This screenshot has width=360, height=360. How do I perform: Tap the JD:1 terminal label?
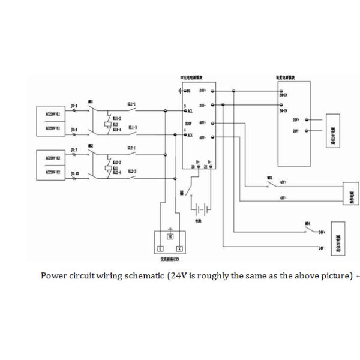74,105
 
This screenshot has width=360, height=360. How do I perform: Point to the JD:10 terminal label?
75,173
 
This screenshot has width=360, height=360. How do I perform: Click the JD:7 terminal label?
74,149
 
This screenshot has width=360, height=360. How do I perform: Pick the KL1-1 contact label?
131,104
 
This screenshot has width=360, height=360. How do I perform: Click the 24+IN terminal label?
284,95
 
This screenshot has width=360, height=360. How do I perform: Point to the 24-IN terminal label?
284,112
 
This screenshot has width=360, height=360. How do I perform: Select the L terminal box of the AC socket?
160,247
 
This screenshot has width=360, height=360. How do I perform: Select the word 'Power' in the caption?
52,276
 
